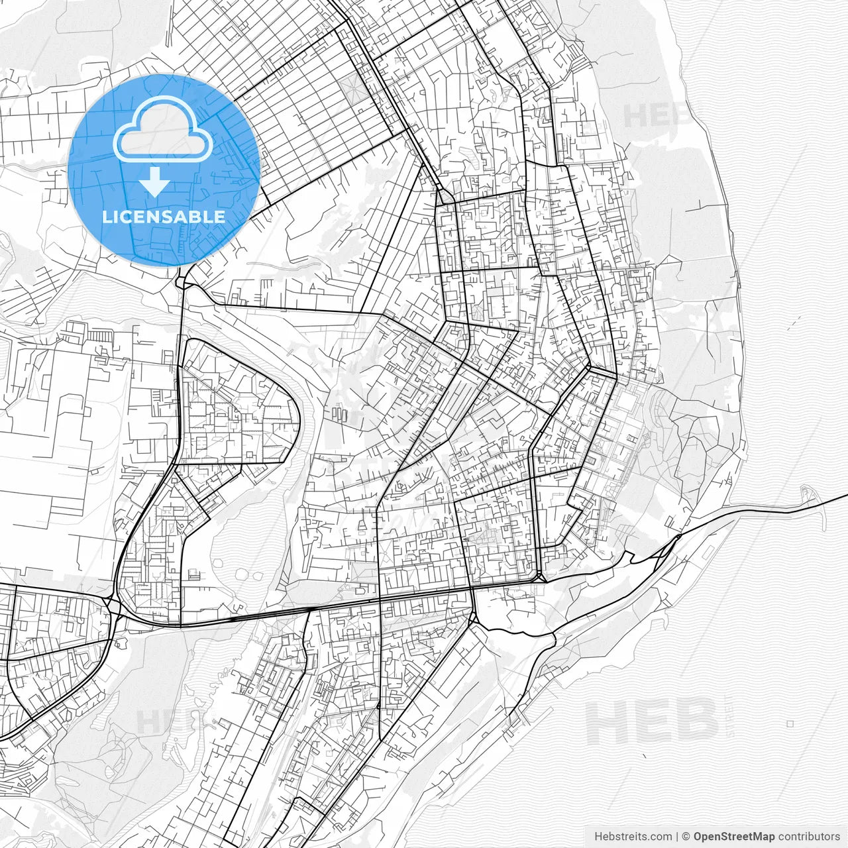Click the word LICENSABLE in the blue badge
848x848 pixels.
coord(164,217)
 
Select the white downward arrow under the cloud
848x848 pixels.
coord(155,182)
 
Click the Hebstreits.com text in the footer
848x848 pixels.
coord(633,836)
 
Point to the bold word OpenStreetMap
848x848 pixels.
coord(733,836)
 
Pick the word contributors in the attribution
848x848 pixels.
coord(809,836)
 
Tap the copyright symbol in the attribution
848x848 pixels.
coord(686,836)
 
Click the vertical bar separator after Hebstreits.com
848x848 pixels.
coord(677,836)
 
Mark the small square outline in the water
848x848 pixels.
coord(790,723)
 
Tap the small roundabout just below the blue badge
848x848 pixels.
coord(180,284)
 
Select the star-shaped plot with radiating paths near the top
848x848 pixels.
coord(352,89)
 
